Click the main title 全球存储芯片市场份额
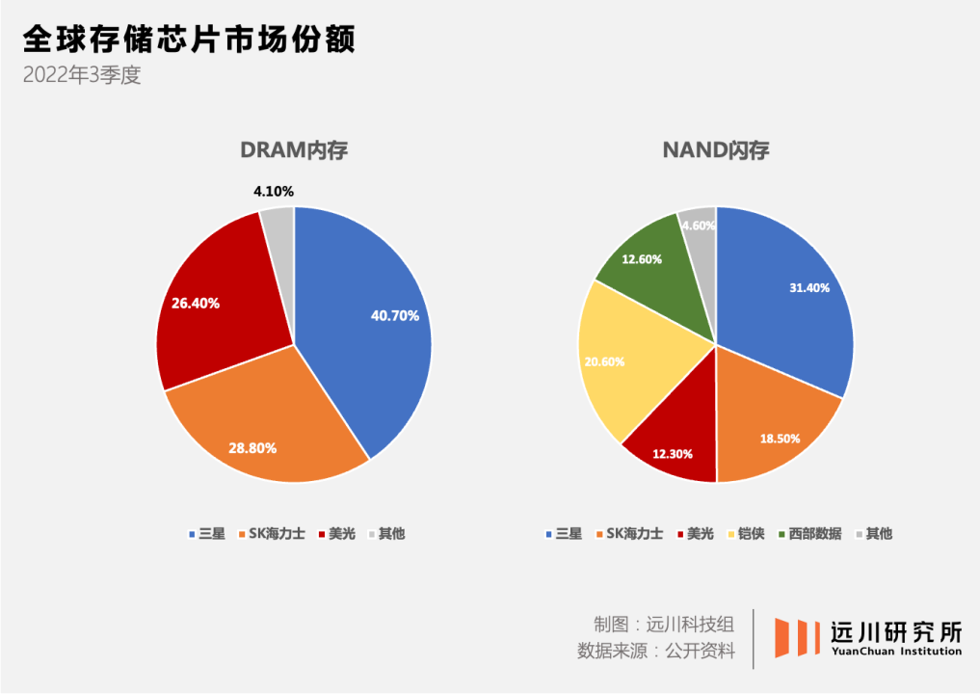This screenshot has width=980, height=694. pos(188,40)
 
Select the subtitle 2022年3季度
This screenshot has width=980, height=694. pos(82,75)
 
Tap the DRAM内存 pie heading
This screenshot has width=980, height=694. pos(293,150)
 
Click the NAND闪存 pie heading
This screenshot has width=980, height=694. pos(715,150)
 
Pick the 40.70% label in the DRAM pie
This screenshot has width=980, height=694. pos(394,315)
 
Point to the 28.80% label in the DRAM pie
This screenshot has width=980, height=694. pos(252,447)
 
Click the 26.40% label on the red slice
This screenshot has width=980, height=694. pos(196,303)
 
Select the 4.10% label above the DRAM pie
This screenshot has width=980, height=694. pos(273,192)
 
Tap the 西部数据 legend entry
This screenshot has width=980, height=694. pos(808,533)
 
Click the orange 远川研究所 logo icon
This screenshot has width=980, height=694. pos(796,638)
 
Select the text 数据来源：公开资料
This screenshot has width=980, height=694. pos(655,651)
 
